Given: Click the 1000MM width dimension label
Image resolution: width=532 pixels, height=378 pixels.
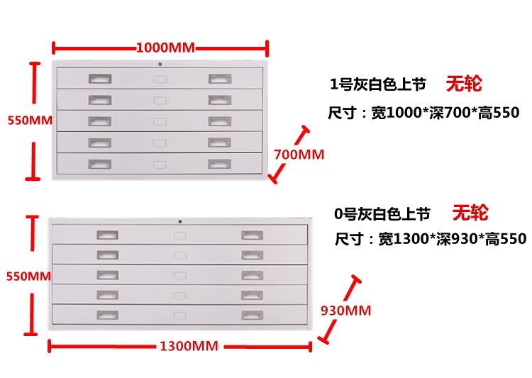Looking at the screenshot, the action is pyautogui.click(x=165, y=48).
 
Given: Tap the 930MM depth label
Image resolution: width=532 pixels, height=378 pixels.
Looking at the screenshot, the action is pyautogui.click(x=345, y=310).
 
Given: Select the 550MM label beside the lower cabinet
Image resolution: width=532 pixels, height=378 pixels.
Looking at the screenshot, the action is pyautogui.click(x=28, y=276).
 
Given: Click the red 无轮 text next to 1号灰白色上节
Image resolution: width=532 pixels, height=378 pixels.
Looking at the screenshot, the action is pyautogui.click(x=463, y=84).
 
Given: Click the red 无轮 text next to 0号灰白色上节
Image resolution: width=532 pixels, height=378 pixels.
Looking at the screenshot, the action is pyautogui.click(x=470, y=212).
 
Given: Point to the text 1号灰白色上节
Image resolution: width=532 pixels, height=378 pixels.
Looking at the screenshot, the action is pyautogui.click(x=378, y=85).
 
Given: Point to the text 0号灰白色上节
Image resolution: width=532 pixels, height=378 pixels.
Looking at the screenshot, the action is pyautogui.click(x=382, y=213).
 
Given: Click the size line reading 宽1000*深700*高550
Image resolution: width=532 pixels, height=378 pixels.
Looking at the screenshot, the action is pyautogui.click(x=424, y=113).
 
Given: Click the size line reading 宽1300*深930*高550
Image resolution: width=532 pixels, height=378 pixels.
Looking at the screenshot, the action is pyautogui.click(x=431, y=239).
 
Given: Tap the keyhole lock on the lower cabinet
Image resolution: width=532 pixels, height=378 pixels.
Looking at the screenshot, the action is pyautogui.click(x=180, y=221).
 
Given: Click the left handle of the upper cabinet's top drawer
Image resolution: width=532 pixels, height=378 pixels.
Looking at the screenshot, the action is pyautogui.click(x=99, y=78).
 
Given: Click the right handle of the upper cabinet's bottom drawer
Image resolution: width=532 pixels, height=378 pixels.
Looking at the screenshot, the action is pyautogui.click(x=219, y=164).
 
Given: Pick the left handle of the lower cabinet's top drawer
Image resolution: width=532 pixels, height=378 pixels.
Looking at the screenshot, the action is pyautogui.click(x=107, y=235).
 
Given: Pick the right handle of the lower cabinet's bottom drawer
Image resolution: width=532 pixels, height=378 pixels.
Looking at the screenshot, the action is pyautogui.click(x=252, y=314).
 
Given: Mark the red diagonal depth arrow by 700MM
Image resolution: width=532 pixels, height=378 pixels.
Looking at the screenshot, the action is pyautogui.click(x=288, y=155).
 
